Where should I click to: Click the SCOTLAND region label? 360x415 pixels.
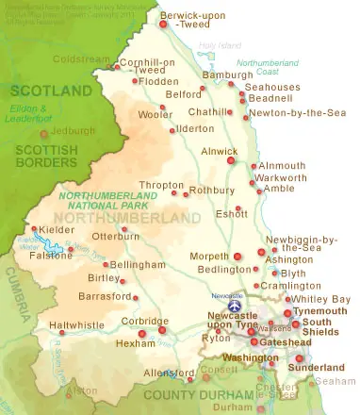(x=44, y=91)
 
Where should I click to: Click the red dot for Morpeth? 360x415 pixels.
(x=237, y=255)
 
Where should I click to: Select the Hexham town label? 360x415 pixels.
(x=135, y=344)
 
